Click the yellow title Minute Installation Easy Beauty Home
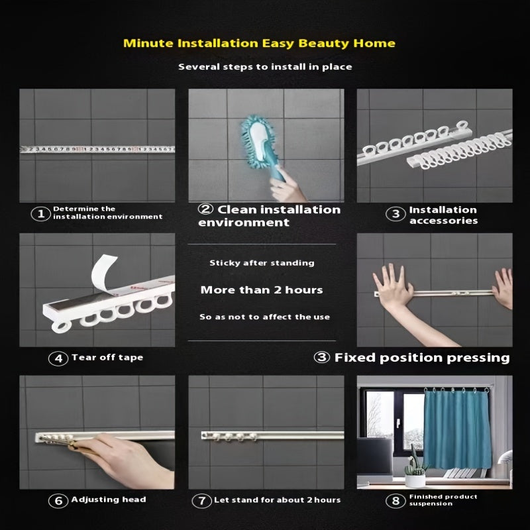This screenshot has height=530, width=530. point(259,44)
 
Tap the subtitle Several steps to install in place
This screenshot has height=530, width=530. point(265,67)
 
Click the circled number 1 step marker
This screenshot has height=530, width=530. point(40,213)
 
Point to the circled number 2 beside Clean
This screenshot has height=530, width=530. point(205,209)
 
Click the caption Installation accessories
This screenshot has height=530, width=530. point(443,215)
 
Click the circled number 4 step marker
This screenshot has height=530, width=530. point(58,358)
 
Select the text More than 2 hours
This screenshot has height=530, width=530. point(261,290)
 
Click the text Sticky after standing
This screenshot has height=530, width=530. point(262,263)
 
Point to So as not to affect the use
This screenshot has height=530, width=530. point(264,317)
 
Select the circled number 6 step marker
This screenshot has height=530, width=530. point(58,501)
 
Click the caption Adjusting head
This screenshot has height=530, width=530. point(109,500)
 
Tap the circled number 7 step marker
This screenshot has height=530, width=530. point(201,501)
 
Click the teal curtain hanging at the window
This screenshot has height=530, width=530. point(457,429)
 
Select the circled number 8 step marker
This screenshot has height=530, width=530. point(396,501)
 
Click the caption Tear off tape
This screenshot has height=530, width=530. point(107,358)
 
